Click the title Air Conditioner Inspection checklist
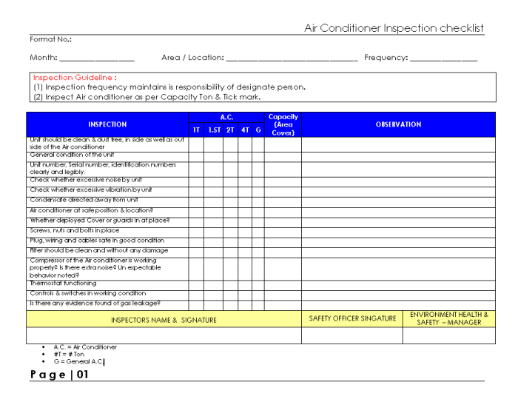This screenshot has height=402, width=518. click(x=394, y=28)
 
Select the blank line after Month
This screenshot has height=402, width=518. click(x=96, y=58)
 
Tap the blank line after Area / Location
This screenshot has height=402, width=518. click(x=292, y=58)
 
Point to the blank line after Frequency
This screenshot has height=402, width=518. click(x=444, y=58)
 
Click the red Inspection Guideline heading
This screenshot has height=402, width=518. click(x=75, y=77)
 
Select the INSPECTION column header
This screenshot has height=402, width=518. click(x=107, y=124)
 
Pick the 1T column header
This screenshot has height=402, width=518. click(x=196, y=130)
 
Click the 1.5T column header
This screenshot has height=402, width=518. click(x=214, y=130)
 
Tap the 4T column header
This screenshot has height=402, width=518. click(x=245, y=130)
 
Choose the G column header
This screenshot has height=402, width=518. click(x=258, y=130)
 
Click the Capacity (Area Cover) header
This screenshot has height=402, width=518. click(x=283, y=124)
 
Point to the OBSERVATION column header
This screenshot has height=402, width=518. click(x=398, y=124)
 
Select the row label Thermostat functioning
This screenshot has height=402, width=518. click(x=63, y=284)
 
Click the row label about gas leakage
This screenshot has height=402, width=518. click(x=95, y=304)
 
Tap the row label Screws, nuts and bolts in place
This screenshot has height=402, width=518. click(x=74, y=230)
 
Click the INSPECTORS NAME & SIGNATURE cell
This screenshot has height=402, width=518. click(x=164, y=320)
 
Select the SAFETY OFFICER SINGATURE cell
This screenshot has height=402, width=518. click(x=352, y=318)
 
